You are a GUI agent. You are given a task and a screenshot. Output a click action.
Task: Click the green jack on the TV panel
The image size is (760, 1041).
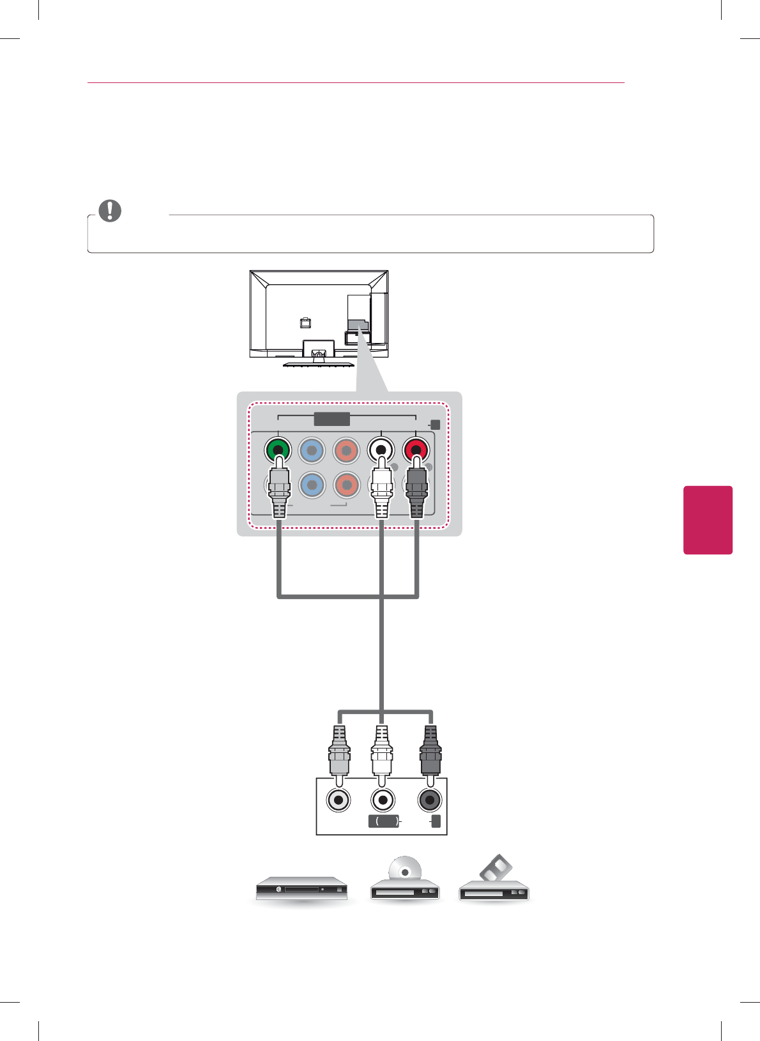point(278,450)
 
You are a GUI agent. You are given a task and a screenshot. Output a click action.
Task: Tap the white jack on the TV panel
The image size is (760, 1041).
point(381,450)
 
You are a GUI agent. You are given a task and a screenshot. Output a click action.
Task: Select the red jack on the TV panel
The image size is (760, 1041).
point(416,450)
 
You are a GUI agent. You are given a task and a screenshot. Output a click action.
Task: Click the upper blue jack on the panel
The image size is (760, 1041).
point(312,450)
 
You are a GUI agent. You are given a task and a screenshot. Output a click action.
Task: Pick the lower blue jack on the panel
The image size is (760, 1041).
point(312,485)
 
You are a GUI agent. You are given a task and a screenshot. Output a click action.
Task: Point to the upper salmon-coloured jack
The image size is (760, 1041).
point(346,450)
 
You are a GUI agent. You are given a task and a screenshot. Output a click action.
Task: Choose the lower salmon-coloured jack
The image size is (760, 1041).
point(346,485)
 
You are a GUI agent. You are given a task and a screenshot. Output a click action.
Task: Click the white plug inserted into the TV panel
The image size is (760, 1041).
point(381,492)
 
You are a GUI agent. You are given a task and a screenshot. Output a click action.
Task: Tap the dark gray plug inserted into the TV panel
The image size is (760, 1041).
point(416,492)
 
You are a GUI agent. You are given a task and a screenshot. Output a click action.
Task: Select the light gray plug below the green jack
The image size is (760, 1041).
point(279,492)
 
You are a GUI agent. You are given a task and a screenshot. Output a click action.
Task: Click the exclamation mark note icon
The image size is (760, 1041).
point(110,211)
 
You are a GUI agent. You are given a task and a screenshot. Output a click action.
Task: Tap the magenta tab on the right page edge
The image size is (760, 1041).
point(708,520)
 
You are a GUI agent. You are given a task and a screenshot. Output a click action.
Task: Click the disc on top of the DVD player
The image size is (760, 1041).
point(405,871)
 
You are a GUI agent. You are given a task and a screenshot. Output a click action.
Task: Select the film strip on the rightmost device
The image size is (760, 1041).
point(496,870)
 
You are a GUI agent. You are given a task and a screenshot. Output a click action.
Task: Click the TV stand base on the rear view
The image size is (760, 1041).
point(318,363)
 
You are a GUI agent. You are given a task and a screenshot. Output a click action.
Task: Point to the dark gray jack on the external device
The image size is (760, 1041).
point(429,800)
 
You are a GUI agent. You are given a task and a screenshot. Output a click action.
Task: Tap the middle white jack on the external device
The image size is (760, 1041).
point(383,800)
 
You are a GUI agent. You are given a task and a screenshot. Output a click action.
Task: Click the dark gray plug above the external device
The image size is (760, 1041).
point(430,754)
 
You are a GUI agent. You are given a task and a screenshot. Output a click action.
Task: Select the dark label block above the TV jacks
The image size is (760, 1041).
point(332,419)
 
